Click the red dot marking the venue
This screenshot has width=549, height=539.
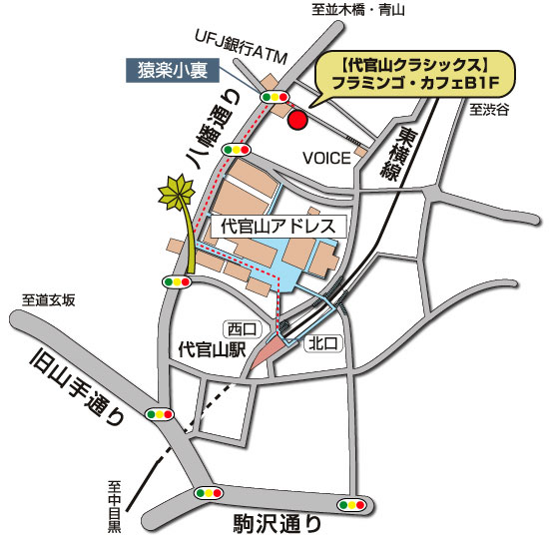(295, 121)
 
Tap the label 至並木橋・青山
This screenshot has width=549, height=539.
(357, 11)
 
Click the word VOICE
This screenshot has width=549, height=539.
(326, 158)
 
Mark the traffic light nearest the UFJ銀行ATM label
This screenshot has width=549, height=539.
(274, 97)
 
